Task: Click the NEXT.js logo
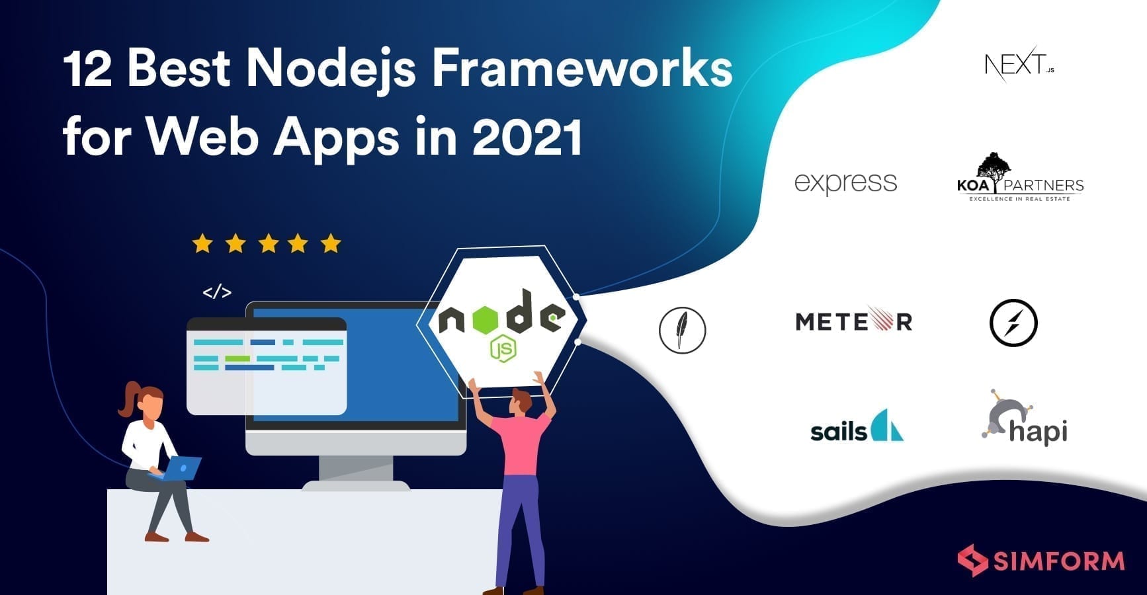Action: coord(1019,64)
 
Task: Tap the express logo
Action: coord(845,182)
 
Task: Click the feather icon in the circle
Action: coord(683,330)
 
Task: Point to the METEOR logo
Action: coord(854,321)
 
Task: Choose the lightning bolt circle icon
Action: coord(1013,323)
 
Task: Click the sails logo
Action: coord(857,426)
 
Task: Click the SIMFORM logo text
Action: coord(1058,561)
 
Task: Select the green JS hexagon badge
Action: coord(503,348)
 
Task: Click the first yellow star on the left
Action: coord(202,244)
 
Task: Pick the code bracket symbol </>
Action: coord(217,292)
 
